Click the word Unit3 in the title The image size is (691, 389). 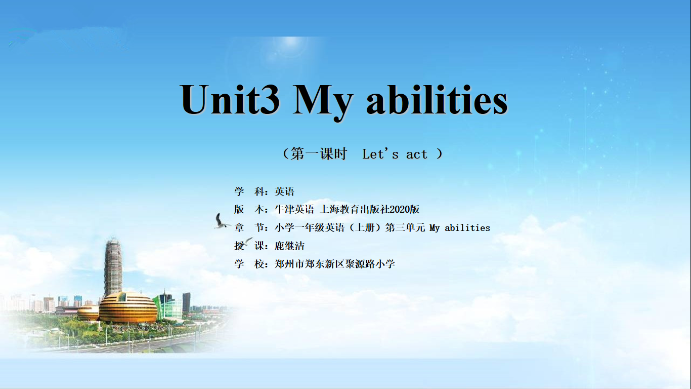230,99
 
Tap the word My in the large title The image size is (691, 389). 322,102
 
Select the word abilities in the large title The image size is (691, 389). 437,99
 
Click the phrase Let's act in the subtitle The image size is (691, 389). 395,154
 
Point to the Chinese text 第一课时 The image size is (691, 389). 319,153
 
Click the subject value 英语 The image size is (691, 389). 284,191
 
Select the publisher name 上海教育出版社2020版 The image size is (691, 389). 370,210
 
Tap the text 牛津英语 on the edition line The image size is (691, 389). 294,210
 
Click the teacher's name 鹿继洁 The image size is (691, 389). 289,246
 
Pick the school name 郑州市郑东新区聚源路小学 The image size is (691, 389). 335,264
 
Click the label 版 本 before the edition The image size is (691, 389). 249,210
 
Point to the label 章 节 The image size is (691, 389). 249,228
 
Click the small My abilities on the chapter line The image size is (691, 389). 460,228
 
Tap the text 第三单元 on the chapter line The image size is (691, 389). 405,228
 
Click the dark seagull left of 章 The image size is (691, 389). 221,221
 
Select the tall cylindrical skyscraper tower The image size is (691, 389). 113,267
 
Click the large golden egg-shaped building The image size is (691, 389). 127,307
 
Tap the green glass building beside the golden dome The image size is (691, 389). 168,306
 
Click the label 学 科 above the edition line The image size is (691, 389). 249,191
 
